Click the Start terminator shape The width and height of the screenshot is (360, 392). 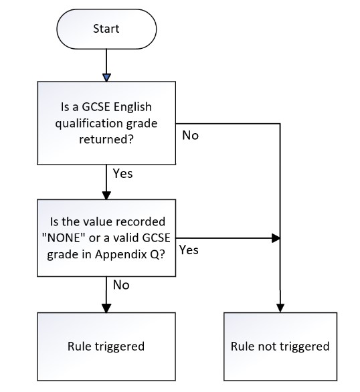(x=106, y=29)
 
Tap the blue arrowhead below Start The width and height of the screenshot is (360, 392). (x=106, y=78)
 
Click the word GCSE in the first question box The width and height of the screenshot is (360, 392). (x=96, y=107)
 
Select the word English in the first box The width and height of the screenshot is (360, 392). (x=132, y=107)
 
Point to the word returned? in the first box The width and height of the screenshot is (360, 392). (x=106, y=139)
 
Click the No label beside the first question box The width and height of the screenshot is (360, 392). (x=190, y=136)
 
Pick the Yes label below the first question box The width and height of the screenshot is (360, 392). (x=122, y=173)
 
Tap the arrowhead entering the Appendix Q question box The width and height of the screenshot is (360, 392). (x=106, y=195)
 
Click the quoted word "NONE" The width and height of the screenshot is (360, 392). (x=64, y=237)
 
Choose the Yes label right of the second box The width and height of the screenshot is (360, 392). (x=189, y=250)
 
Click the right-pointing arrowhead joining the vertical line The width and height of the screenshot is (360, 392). (x=276, y=238)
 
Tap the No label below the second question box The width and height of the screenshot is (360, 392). (x=121, y=285)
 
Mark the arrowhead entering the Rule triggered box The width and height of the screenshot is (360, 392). (x=106, y=308)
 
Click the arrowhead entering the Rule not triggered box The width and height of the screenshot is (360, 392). (x=280, y=308)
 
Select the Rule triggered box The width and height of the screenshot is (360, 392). (x=106, y=347)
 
